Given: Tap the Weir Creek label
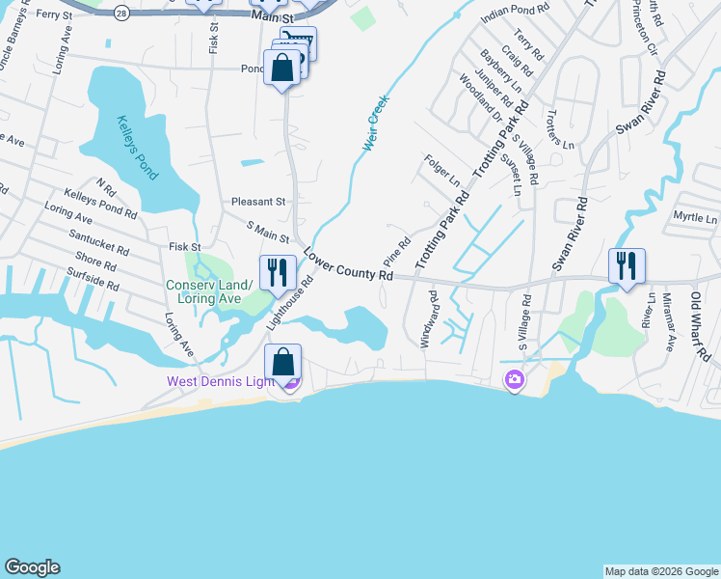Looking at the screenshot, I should pyautogui.click(x=377, y=124).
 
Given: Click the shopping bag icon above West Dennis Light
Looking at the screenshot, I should pyautogui.click(x=282, y=363).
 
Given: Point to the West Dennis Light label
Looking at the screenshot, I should pyautogui.click(x=222, y=381).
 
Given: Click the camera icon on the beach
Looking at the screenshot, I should pyautogui.click(x=515, y=381).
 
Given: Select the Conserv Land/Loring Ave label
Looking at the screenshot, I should pyautogui.click(x=209, y=291).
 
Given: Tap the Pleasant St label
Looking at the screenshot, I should pyautogui.click(x=258, y=202).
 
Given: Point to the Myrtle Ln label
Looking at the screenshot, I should pyautogui.click(x=696, y=218).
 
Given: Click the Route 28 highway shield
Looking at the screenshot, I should pyautogui.click(x=120, y=13).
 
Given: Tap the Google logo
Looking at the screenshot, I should pyautogui.click(x=33, y=567).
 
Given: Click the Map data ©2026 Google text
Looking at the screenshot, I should pyautogui.click(x=661, y=571).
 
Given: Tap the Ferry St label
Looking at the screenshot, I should pyautogui.click(x=55, y=14).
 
